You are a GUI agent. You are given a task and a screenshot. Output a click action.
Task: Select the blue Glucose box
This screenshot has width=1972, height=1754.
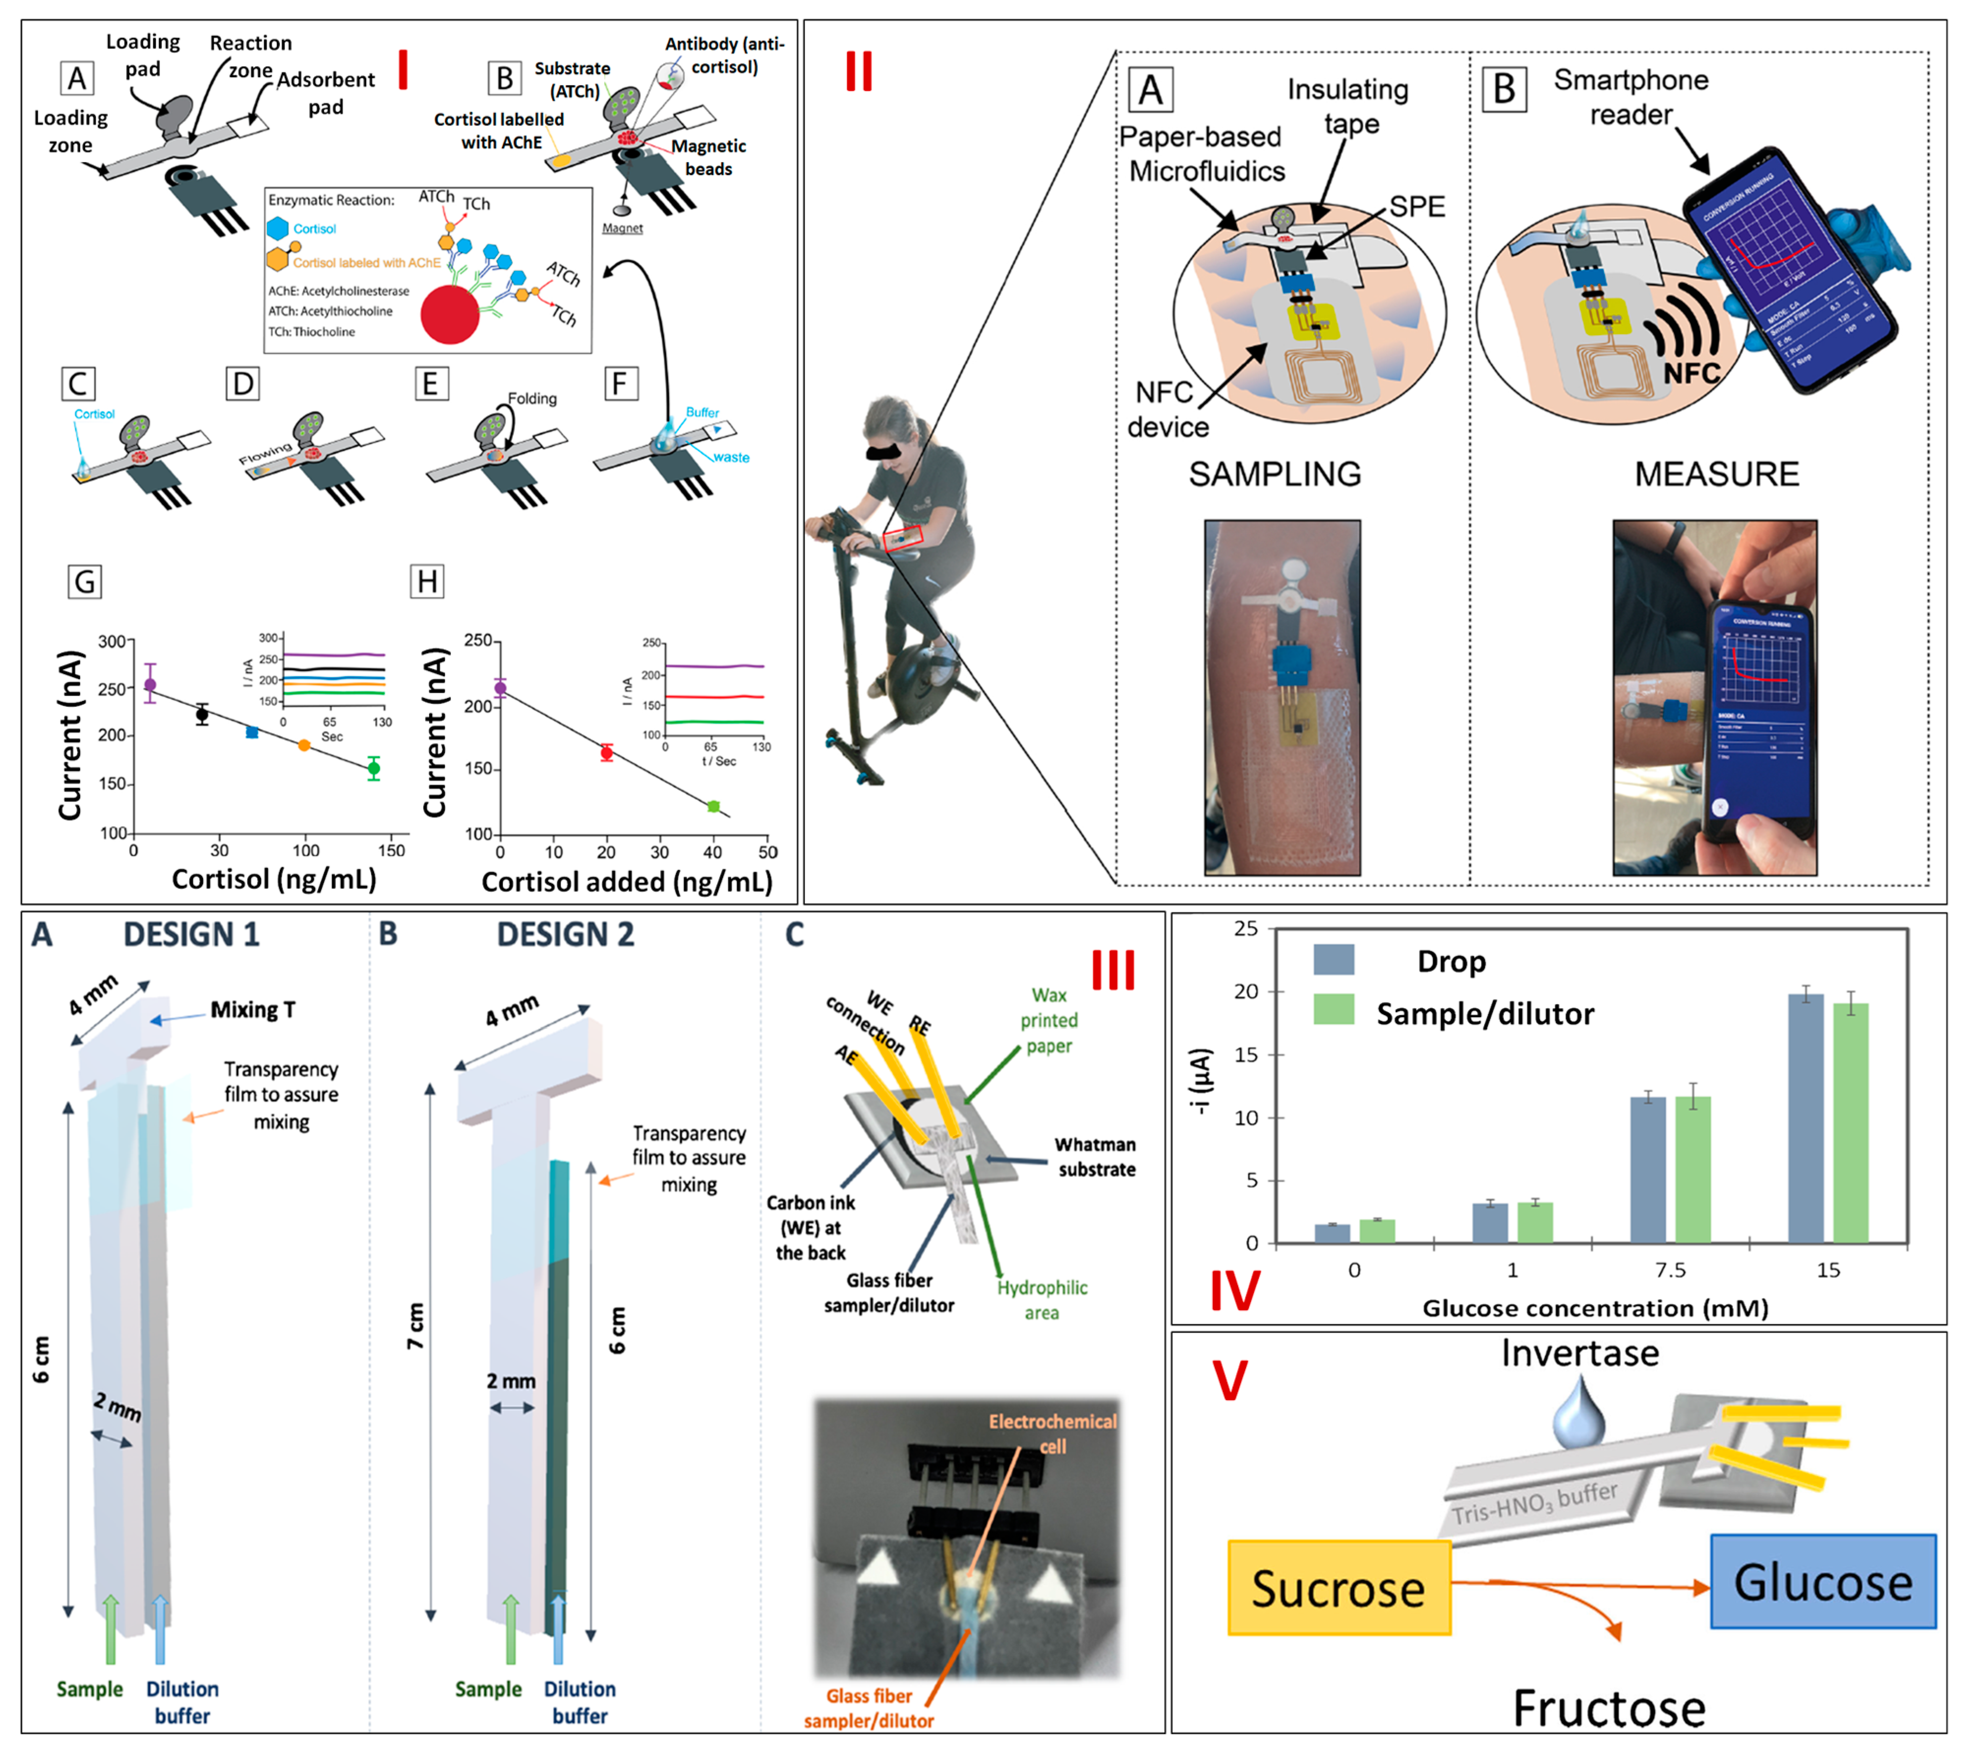click(x=1823, y=1582)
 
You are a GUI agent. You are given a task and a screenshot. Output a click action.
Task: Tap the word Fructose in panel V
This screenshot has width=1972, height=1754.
click(x=1608, y=1709)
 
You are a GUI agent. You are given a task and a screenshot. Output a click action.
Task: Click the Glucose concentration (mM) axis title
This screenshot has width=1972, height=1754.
click(x=1595, y=1308)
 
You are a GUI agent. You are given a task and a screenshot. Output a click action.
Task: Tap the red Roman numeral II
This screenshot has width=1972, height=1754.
click(x=859, y=72)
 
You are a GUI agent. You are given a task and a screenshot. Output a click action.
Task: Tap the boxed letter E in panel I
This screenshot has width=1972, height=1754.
click(x=430, y=384)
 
